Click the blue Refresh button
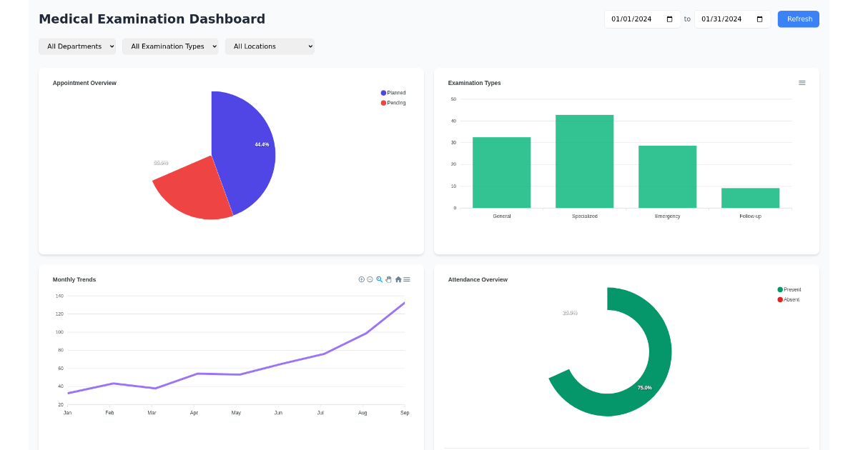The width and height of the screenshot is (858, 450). click(x=799, y=19)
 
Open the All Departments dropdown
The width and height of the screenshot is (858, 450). click(x=77, y=46)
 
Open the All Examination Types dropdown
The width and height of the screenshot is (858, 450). click(x=170, y=46)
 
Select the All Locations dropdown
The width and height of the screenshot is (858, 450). click(x=270, y=46)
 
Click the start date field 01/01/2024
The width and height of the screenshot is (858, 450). click(x=641, y=19)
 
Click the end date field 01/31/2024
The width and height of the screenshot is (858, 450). click(x=731, y=19)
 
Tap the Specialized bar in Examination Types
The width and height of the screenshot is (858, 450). click(x=584, y=161)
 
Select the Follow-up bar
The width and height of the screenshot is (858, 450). click(x=750, y=198)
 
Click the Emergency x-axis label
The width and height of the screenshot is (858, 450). click(x=667, y=216)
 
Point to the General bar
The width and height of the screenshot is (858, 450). click(x=501, y=172)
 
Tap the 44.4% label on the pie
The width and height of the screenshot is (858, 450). click(x=262, y=144)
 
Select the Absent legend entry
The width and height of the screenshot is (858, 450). click(x=789, y=299)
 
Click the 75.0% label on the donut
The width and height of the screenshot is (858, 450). click(x=644, y=388)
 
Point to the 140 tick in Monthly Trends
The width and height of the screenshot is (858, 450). click(x=59, y=296)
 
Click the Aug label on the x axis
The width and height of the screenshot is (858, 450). click(x=363, y=413)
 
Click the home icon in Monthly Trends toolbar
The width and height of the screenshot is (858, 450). click(x=398, y=279)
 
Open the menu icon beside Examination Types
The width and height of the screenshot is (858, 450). click(x=802, y=83)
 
